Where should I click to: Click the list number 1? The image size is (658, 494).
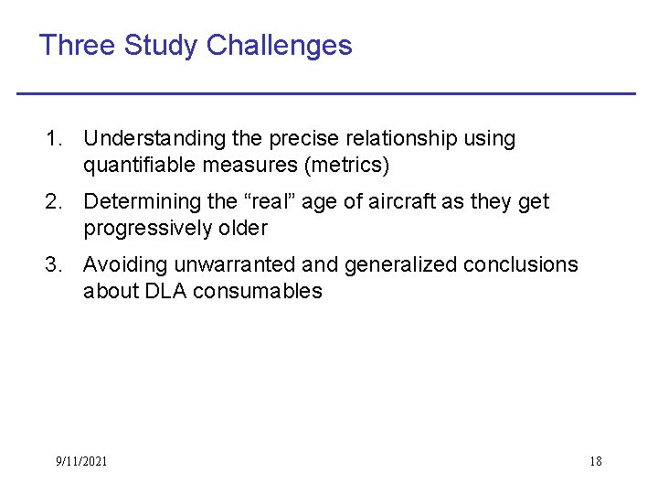53,139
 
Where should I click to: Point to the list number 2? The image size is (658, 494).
53,201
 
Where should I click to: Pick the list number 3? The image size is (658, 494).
53,265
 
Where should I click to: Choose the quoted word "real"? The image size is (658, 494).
271,201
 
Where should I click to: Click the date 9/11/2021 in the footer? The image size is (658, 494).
80,461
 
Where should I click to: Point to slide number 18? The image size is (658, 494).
595,461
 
